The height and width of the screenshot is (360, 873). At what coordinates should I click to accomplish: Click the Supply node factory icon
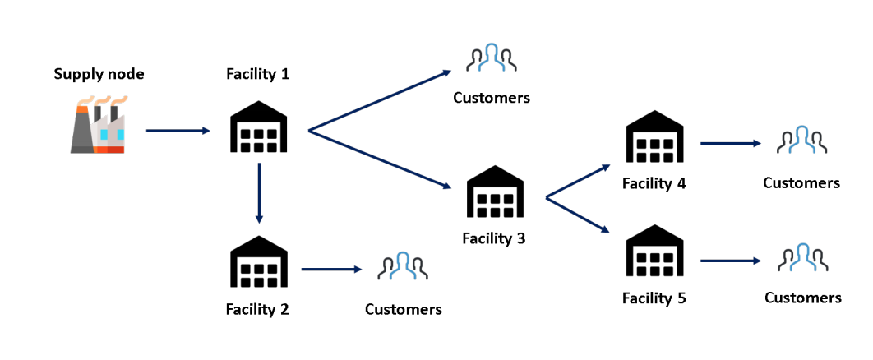tap(98, 125)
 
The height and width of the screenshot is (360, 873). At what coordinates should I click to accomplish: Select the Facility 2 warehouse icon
tap(258, 262)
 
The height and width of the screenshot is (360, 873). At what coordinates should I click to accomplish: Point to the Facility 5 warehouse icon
tap(654, 254)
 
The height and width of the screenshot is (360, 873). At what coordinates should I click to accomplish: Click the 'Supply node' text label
tap(99, 74)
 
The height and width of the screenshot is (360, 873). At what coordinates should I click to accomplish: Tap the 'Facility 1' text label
tap(257, 74)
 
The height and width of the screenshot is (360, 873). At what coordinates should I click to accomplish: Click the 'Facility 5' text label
tap(654, 298)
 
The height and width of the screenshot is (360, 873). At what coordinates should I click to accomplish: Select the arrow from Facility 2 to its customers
tap(332, 269)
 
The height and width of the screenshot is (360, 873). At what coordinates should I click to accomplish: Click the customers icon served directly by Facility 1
tap(491, 59)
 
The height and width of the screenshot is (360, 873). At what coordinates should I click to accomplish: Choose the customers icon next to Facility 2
tap(403, 268)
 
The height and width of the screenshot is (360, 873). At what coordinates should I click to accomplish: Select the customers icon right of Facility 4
tap(801, 141)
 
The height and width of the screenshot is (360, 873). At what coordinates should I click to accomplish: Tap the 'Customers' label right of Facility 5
tap(802, 298)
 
